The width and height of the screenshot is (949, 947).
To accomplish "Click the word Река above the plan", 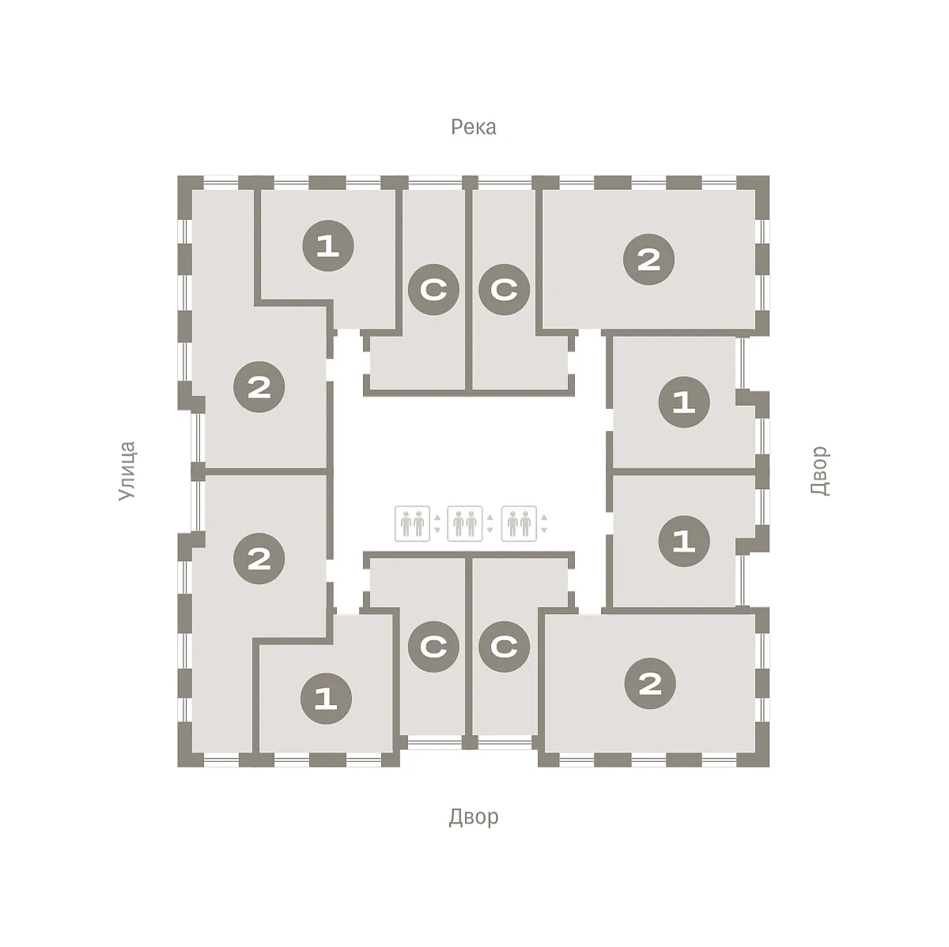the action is pos(473,127).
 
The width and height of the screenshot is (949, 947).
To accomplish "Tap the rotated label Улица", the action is pos(127,471).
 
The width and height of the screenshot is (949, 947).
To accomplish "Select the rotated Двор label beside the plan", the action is pos(819,470).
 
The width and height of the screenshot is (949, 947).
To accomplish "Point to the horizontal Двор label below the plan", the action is pos(473,817).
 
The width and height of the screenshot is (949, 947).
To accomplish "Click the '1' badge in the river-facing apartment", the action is pos(328,246).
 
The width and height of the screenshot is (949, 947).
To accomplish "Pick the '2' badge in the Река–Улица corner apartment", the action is pos(259,387).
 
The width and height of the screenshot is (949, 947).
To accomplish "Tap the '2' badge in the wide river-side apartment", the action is pos(648,259).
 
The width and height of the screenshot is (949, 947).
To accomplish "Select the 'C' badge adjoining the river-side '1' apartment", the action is pos(433,290).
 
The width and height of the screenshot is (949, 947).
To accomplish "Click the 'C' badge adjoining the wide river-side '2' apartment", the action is pos(504,290).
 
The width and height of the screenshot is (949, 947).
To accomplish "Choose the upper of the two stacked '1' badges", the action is pos(684,402).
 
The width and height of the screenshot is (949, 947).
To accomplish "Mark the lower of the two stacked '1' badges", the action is pos(684,541).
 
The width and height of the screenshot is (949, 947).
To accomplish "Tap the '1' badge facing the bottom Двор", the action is pos(326,699).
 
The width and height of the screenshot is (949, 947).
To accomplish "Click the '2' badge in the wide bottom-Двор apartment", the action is pos(650,684).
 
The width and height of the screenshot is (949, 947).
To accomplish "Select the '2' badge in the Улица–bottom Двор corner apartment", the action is pos(259,559).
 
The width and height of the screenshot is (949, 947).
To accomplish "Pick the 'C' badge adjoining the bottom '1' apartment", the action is pos(433,646).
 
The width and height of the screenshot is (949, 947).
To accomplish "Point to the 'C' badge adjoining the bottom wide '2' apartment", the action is pos(504,646).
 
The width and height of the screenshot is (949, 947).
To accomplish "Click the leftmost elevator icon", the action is pos(412,524).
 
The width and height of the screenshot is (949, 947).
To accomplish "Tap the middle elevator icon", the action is pos(465,524).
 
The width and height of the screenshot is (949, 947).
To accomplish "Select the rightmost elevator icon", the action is pos(519,524).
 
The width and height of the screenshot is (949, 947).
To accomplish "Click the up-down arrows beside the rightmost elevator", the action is pos(544,524).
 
